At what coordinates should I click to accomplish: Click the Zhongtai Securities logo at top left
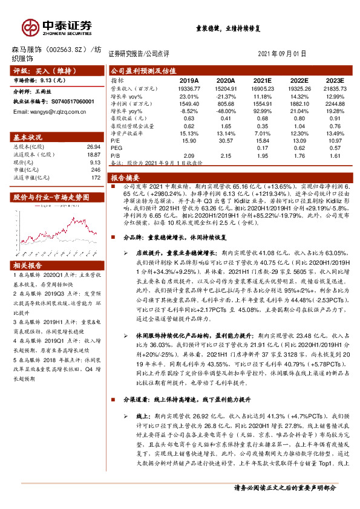click(57, 27)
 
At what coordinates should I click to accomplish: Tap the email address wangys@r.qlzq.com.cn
click(54, 112)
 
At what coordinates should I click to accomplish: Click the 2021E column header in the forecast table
click(262, 79)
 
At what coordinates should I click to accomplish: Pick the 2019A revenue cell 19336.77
click(189, 88)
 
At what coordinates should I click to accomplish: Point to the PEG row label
click(116, 146)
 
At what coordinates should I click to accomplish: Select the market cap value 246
click(94, 170)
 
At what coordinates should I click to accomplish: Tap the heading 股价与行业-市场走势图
click(51, 197)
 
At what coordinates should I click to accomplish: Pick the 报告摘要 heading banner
click(125, 178)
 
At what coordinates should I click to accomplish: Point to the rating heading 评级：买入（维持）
click(41, 71)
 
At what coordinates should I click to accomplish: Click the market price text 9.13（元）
click(55, 79)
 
